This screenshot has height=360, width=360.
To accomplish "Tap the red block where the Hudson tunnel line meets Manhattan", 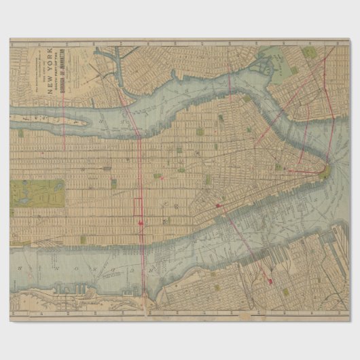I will coord(219,204).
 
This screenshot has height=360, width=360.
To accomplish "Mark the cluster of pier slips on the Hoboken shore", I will coord(75,288).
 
